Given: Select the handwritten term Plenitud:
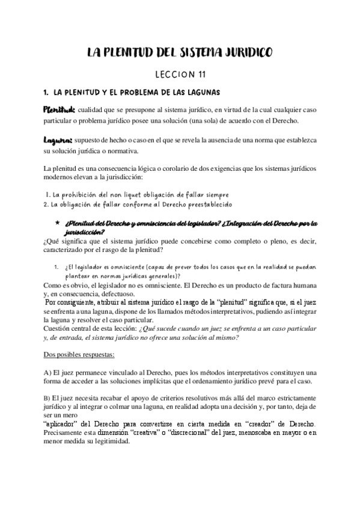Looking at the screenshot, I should click(x=58, y=111).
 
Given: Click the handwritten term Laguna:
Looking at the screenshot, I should click(x=57, y=140).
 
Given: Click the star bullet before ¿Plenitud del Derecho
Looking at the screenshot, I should click(x=56, y=223).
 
